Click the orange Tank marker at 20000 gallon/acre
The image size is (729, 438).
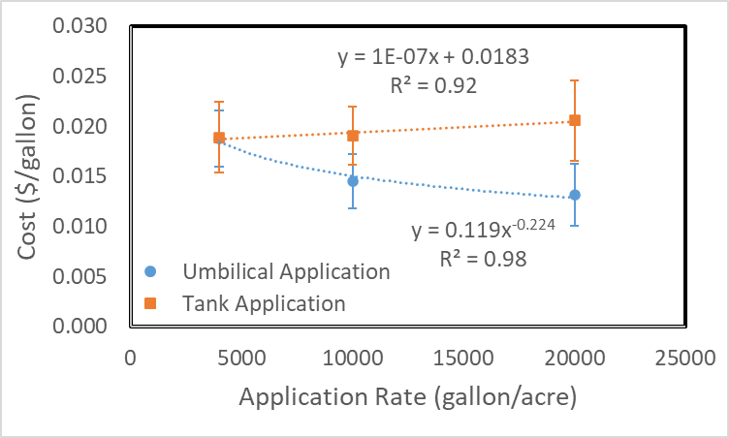click(x=575, y=120)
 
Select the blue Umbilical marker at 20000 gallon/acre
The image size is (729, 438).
click(x=575, y=195)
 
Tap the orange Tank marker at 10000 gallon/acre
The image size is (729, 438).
click(x=353, y=136)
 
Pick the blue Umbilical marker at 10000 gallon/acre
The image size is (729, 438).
click(x=353, y=180)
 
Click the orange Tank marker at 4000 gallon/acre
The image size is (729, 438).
click(x=219, y=138)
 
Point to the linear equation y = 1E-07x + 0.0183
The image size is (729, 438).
click(x=433, y=57)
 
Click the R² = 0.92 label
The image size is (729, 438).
click(x=434, y=85)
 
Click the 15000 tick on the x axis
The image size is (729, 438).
click(x=463, y=358)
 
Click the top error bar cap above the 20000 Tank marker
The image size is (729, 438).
click(x=575, y=80)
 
